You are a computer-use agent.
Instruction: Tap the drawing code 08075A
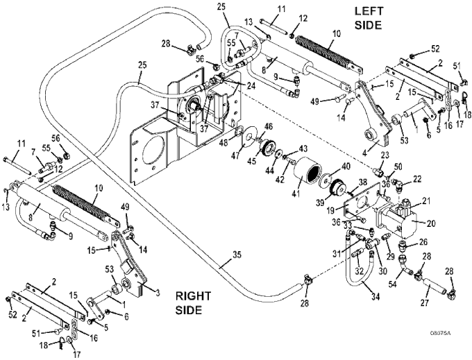[x=440, y=333]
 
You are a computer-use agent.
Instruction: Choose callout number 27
[x=424, y=303]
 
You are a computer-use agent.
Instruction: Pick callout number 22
[x=417, y=179]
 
